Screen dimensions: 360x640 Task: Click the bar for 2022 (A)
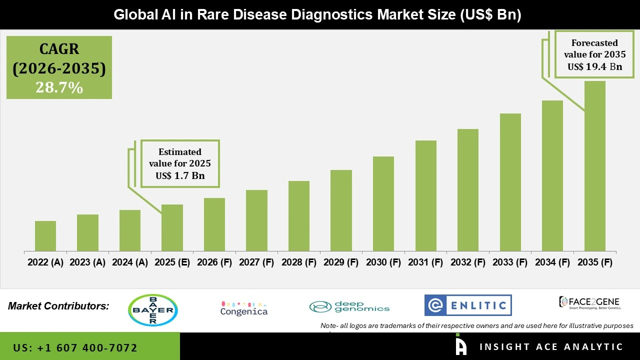coord(45,236)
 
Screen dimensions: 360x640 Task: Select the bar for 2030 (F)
coord(383,204)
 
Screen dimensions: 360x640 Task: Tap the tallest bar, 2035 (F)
coord(594,166)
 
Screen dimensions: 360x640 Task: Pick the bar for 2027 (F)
coord(256,220)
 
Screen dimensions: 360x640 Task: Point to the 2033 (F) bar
coord(510,182)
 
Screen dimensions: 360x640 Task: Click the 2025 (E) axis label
coord(172,262)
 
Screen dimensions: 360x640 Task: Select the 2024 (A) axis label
coord(130,262)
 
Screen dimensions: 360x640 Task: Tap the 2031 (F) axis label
coord(426,262)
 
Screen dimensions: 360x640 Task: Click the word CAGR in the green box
coord(59,49)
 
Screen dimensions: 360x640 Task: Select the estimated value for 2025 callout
coord(180,163)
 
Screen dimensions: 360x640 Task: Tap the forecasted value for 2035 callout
coord(594,54)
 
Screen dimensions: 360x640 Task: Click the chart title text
coord(317,14)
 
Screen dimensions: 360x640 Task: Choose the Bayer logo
coord(153,310)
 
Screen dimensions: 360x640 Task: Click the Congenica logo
coord(244,308)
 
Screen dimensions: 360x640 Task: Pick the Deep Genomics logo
coord(349,306)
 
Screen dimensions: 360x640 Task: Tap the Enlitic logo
coord(468,305)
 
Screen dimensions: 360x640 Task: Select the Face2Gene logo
coord(589,302)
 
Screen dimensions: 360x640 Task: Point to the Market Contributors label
coord(58,306)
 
